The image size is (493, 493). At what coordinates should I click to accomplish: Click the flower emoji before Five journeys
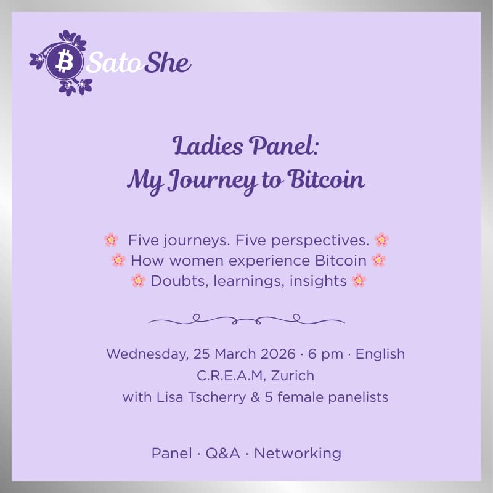point(111,240)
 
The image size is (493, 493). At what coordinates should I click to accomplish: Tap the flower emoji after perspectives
point(381,240)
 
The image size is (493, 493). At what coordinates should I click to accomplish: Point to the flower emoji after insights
point(359,281)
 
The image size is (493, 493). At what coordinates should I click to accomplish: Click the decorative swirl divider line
point(246,319)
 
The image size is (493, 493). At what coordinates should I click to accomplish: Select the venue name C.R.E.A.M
point(221,375)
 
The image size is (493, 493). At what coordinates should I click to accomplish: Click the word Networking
point(298,454)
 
